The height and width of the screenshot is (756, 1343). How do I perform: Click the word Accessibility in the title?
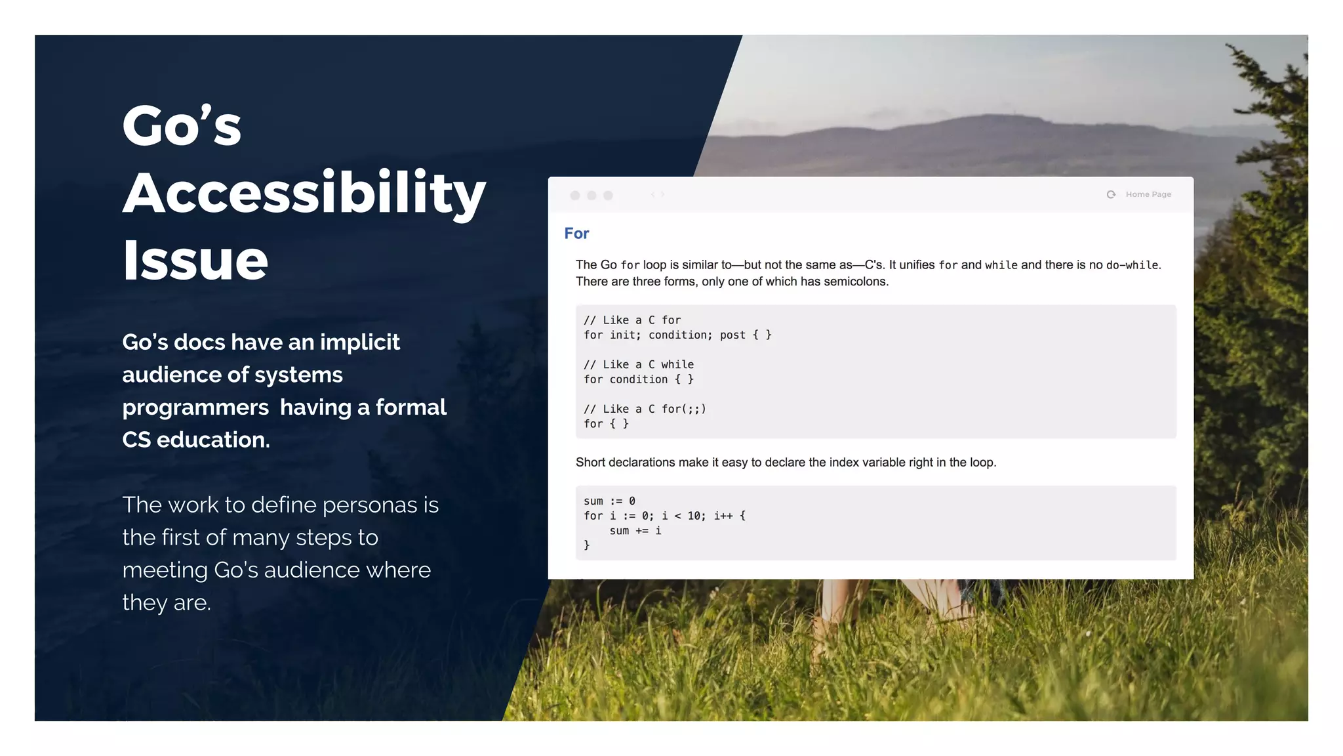click(x=304, y=194)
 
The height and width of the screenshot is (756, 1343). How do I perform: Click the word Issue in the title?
click(x=195, y=261)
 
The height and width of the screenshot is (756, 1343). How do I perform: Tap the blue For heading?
click(x=576, y=234)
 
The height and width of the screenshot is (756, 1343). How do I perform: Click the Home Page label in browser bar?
click(x=1148, y=194)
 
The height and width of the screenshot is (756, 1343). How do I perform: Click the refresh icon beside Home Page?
click(x=1111, y=194)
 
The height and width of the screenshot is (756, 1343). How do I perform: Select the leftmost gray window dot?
click(x=575, y=196)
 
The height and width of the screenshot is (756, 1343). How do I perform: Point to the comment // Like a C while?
click(x=638, y=364)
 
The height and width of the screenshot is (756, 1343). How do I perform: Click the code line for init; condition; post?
click(x=677, y=335)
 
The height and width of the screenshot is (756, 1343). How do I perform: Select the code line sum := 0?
click(x=609, y=501)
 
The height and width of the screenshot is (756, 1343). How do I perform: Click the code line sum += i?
click(x=635, y=530)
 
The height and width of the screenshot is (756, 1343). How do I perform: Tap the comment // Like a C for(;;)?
click(x=645, y=409)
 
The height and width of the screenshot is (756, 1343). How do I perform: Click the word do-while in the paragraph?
click(x=1132, y=265)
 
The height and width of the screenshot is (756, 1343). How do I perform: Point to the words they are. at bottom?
click(x=167, y=602)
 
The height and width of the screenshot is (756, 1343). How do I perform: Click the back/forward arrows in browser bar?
click(x=658, y=195)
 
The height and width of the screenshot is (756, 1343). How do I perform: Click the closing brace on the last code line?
click(x=586, y=545)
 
